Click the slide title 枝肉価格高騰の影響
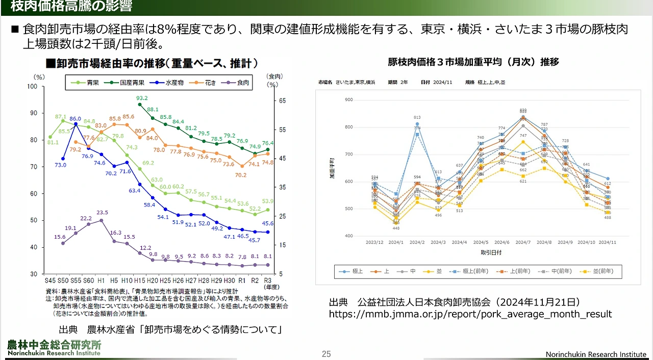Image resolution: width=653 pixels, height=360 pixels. coord(71,7)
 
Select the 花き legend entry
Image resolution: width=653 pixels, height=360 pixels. coord(210,82)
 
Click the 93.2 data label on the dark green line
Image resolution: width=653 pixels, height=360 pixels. coord(142,98)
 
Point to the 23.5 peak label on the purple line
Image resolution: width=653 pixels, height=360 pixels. coord(102,213)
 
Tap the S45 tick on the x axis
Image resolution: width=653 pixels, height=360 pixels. coord(50,280)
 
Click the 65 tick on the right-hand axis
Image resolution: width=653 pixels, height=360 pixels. coord(282,101)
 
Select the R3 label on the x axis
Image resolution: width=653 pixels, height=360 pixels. coord(267,280)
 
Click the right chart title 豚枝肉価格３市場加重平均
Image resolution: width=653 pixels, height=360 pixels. coord(473,62)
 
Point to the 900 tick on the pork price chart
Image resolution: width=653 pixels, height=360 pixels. coord(349,99)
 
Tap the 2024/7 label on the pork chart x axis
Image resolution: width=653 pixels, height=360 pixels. coord(523,242)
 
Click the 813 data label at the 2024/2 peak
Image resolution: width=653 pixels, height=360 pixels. coord(417,117)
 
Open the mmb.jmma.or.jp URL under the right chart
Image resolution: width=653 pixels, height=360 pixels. coord(470,314)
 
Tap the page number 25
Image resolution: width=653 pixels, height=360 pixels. coord(326,354)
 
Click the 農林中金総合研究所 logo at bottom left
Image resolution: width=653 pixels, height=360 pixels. coord(54,347)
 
